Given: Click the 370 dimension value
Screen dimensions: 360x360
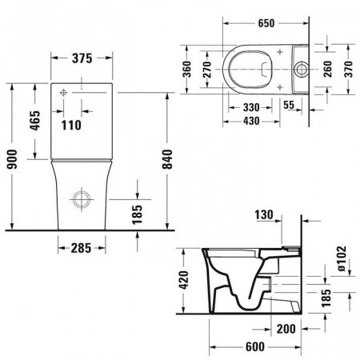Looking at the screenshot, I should click(x=349, y=70).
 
